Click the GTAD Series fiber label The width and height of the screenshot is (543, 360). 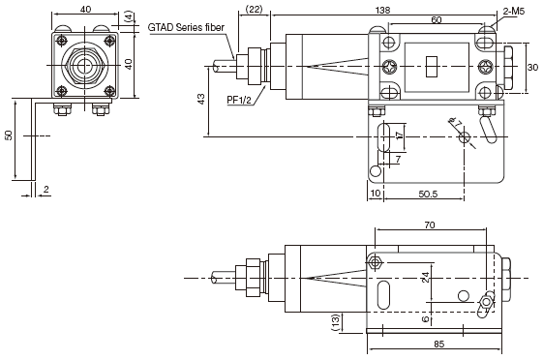[x=186, y=27]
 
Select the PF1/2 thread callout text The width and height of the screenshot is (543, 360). [x=239, y=100]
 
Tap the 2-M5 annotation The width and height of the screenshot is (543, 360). [x=514, y=12]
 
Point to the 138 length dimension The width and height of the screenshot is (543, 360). [x=382, y=10]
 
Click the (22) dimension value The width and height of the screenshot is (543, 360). [x=255, y=10]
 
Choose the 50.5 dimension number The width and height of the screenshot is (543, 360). [x=428, y=194]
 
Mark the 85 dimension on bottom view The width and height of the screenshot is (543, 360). [x=438, y=345]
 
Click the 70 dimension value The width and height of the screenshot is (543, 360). [x=430, y=225]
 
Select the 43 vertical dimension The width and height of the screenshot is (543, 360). [x=201, y=99]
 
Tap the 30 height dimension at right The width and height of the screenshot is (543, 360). [x=532, y=67]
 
